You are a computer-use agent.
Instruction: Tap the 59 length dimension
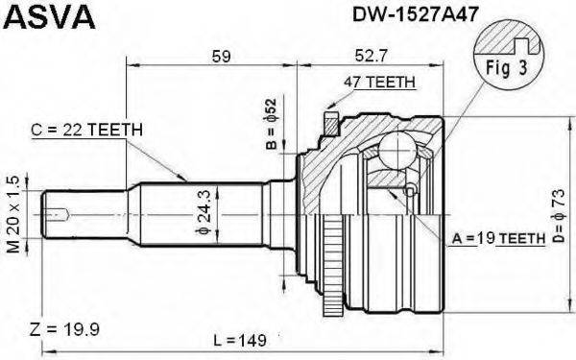click(222, 57)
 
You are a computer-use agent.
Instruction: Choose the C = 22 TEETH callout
click(87, 128)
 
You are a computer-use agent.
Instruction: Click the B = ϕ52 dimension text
click(271, 125)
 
